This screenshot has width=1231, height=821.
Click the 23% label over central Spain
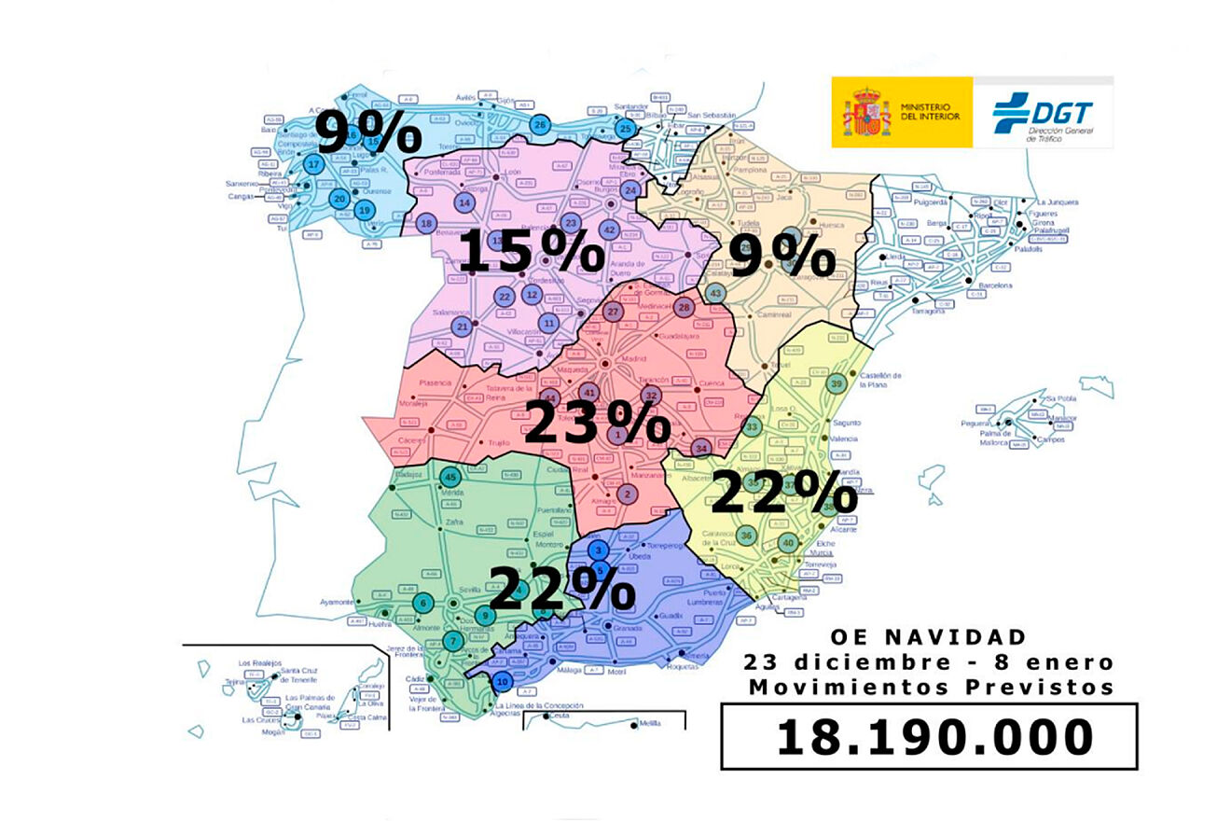[x=597, y=422]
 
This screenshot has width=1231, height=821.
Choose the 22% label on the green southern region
[x=561, y=588]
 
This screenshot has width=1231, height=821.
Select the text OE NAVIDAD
[x=929, y=637]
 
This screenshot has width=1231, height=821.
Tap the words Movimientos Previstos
[x=929, y=688]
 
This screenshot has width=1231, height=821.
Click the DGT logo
[x=1043, y=113]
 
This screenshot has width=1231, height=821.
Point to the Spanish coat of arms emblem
[x=866, y=113]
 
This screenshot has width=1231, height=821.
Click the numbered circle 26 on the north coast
[x=539, y=125]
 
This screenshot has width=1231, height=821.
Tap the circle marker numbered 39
[x=837, y=384]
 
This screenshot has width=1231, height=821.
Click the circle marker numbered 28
[x=684, y=308]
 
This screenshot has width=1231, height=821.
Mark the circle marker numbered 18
[x=427, y=224]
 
